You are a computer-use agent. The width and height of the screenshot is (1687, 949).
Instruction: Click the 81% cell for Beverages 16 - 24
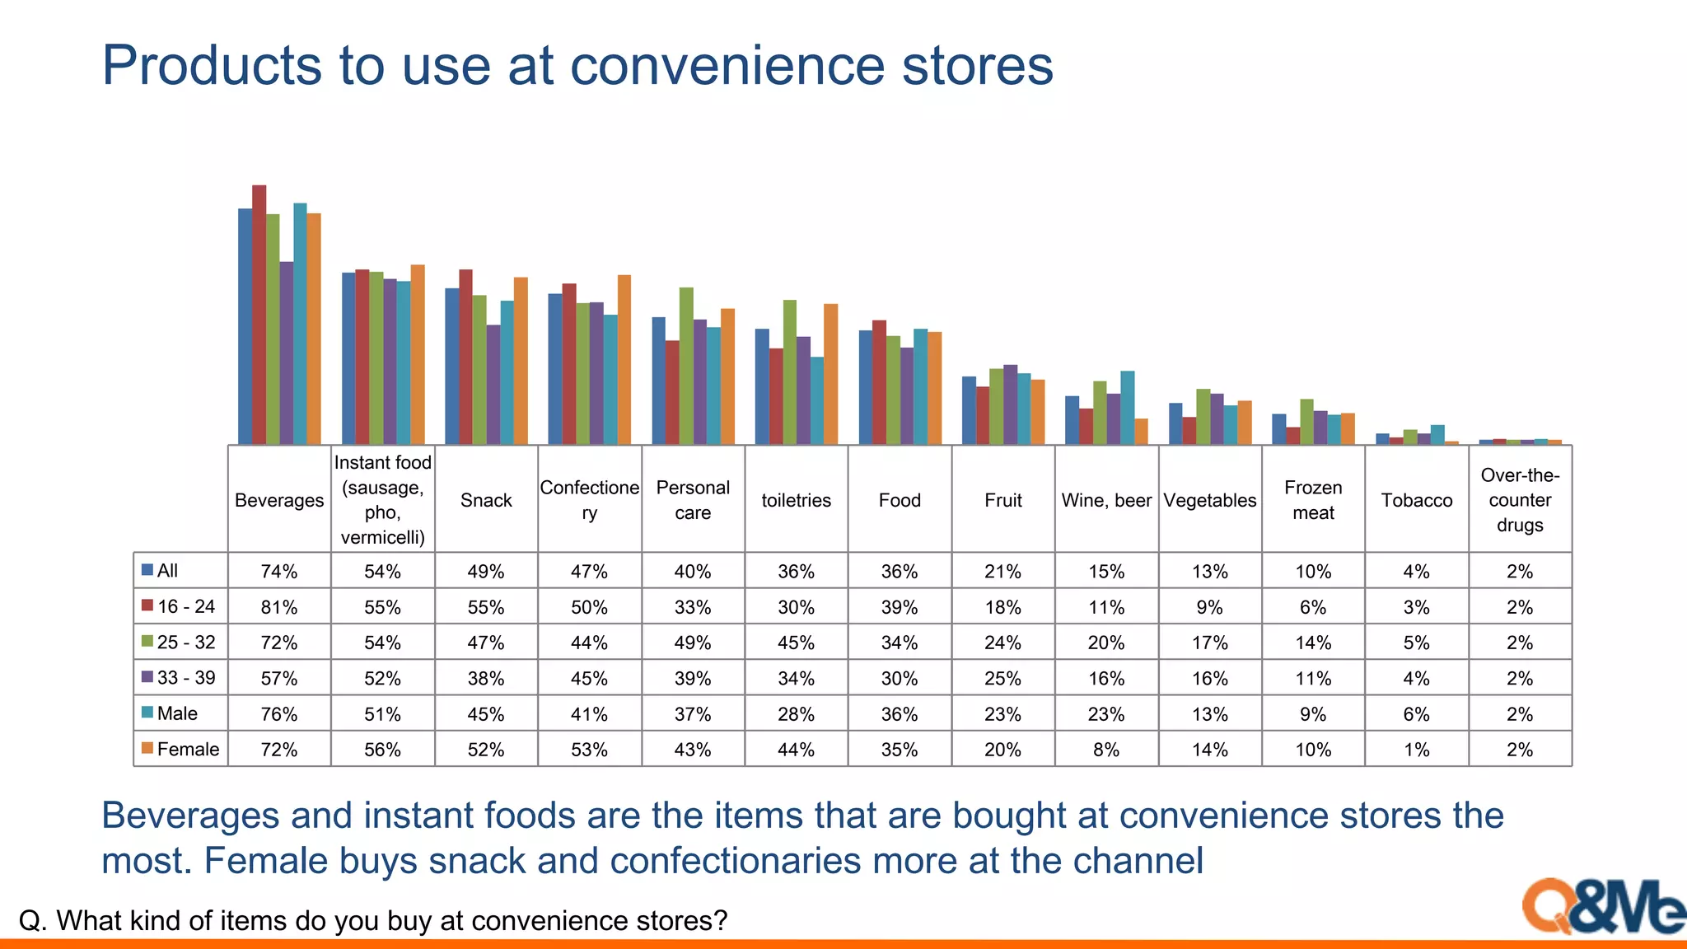click(279, 607)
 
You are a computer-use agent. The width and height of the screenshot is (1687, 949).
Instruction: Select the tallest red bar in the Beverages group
click(259, 313)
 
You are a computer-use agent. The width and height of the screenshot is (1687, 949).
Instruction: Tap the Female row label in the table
click(188, 750)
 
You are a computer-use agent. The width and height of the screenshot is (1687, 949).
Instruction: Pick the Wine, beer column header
click(1106, 500)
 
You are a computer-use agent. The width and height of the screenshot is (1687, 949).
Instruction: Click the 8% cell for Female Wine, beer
click(1106, 750)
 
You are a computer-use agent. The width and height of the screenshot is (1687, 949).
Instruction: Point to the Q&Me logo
click(1602, 907)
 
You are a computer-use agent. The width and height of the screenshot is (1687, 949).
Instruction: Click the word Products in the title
click(211, 66)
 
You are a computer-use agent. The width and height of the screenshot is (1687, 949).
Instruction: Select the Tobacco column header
click(1417, 500)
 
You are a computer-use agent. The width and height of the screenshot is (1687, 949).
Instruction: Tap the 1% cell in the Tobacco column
click(1417, 750)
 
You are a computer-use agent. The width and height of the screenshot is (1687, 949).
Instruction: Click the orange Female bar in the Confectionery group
click(624, 359)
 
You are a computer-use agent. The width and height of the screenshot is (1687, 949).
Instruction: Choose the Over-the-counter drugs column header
click(1520, 500)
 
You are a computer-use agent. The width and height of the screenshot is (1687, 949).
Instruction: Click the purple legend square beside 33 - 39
click(147, 677)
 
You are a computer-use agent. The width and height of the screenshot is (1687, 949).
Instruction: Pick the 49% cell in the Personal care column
click(693, 643)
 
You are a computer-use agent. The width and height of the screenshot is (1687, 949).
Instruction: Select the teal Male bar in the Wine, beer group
click(1128, 407)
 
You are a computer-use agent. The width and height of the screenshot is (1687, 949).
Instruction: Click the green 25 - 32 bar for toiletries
click(790, 372)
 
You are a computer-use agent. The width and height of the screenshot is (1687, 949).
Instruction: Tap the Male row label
click(177, 713)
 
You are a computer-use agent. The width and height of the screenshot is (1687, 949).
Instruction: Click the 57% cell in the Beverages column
click(279, 679)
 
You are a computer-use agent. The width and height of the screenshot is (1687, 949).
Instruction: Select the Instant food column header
click(383, 499)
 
